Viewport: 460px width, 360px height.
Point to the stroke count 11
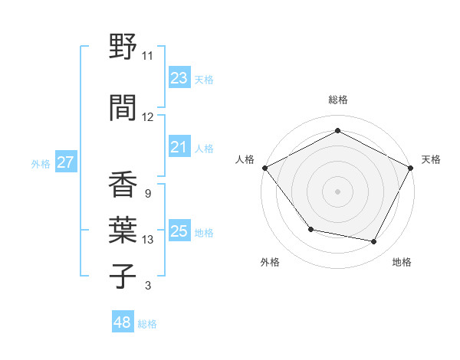(148, 56)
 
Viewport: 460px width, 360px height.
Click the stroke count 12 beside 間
(148, 117)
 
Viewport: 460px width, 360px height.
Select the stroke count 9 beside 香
(147, 194)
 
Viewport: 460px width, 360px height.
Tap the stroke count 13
(148, 240)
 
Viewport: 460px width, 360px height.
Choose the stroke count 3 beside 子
(147, 286)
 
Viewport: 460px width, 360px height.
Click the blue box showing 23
(179, 78)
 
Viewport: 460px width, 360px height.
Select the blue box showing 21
(179, 147)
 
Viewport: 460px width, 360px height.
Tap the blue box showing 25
(179, 231)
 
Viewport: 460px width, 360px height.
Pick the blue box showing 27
(65, 162)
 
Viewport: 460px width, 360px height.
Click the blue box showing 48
(123, 322)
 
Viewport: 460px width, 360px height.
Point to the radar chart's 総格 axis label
(337, 100)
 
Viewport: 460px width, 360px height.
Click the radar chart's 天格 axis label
(431, 159)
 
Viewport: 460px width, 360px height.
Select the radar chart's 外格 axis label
(270, 262)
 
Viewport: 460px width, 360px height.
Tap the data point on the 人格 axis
(264, 168)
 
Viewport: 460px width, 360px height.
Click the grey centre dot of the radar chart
(337, 191)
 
